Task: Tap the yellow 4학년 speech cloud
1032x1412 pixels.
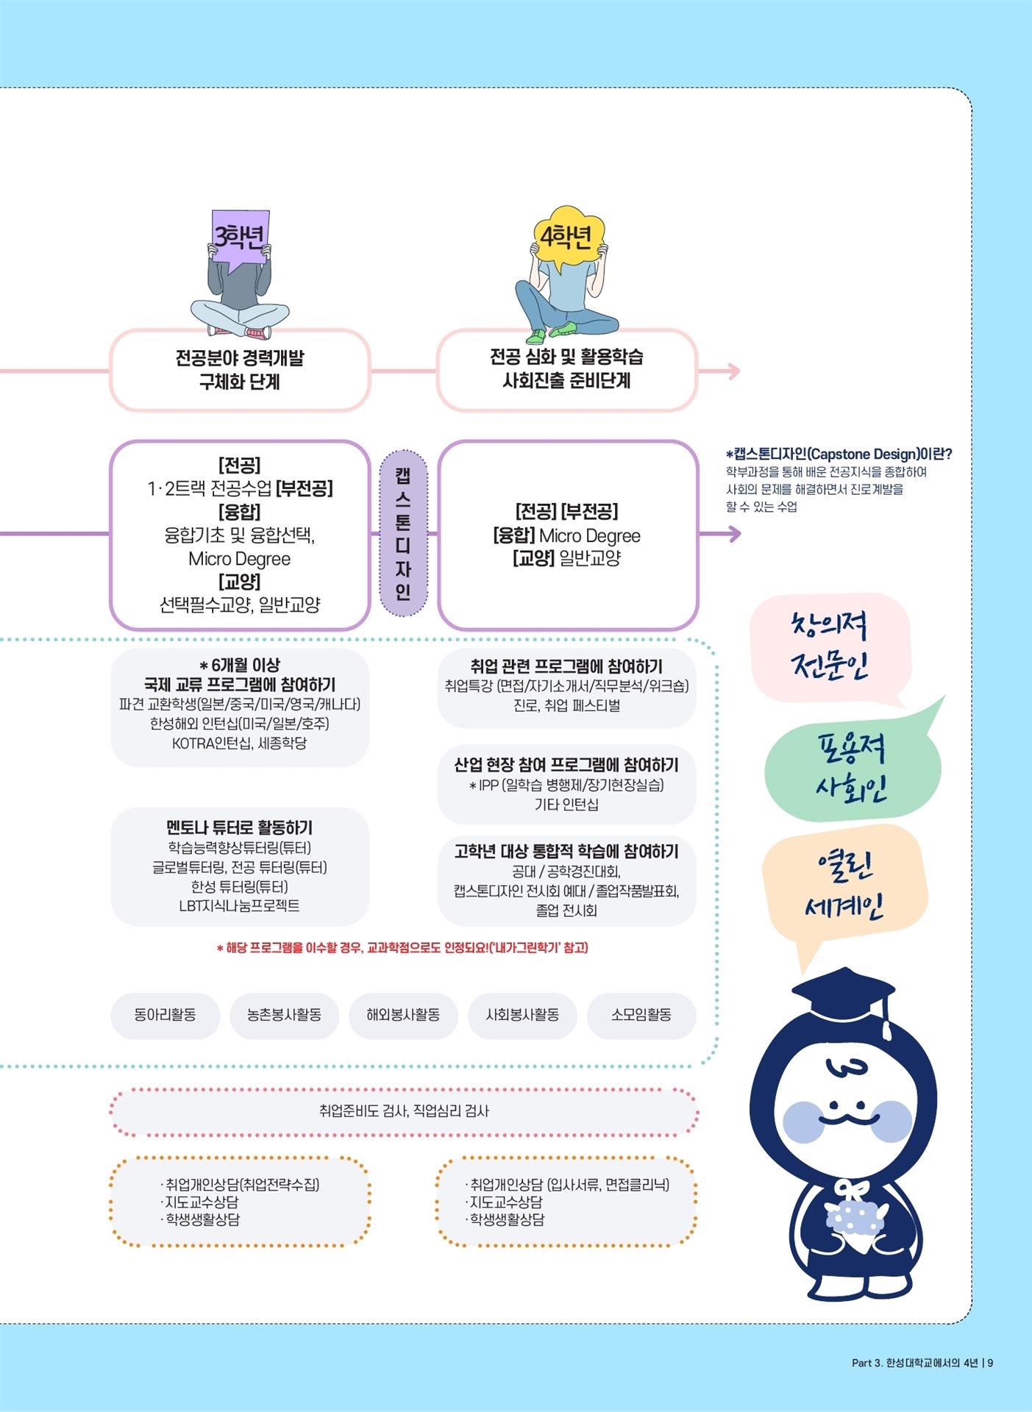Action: pos(568,235)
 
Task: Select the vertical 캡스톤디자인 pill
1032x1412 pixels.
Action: pos(403,533)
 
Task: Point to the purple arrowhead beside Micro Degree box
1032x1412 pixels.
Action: pos(733,534)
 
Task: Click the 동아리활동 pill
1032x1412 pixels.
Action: pos(165,1015)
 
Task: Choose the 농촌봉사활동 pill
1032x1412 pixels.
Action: pos(284,1015)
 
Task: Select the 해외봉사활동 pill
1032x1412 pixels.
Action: pos(403,1015)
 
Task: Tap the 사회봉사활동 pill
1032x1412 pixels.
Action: pos(522,1015)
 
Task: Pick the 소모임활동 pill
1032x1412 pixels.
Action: pos(641,1015)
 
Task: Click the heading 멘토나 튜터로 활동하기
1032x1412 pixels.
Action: pos(240,827)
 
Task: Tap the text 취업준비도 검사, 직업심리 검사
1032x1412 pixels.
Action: pos(404,1110)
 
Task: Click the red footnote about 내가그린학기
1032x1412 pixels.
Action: pos(402,947)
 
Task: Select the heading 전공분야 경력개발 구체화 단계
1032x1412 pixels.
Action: pos(240,369)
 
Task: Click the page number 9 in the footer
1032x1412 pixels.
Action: pos(991,1363)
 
